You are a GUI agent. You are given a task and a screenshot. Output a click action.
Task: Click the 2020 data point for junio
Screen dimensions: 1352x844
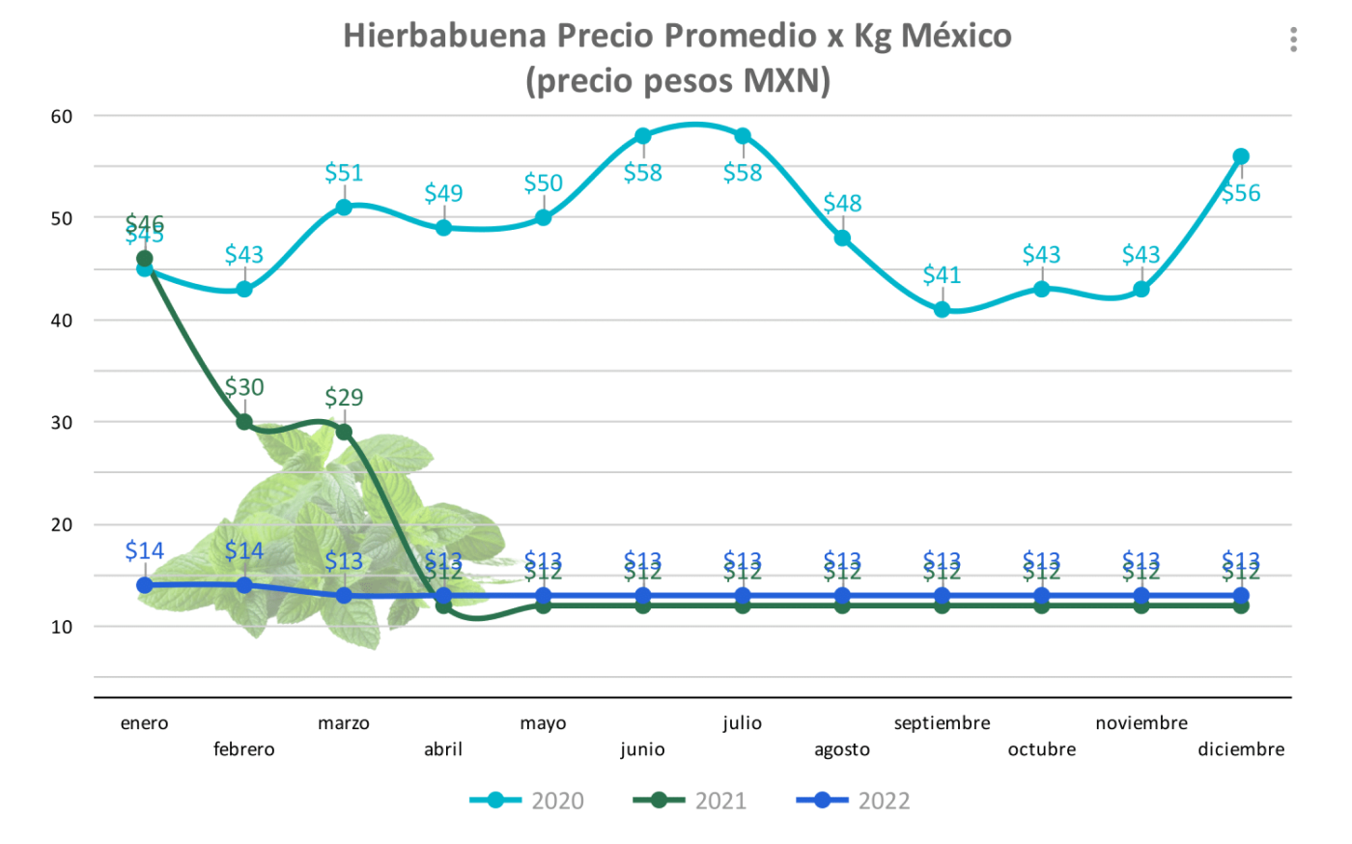coord(643,136)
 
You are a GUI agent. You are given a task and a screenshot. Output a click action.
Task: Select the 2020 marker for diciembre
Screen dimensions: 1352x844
coord(1241,156)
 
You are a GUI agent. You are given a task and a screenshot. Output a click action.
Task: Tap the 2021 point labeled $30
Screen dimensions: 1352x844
coord(244,422)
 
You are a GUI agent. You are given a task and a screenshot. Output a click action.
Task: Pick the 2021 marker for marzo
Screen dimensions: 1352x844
coord(344,432)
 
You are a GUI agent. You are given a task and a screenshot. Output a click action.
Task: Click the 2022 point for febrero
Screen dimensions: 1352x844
coord(244,585)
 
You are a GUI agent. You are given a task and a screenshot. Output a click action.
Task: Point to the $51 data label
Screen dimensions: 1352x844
coord(344,173)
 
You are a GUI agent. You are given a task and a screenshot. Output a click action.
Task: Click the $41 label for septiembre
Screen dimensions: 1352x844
coord(942,275)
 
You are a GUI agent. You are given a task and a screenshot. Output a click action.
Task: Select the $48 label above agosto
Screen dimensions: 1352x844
coord(842,204)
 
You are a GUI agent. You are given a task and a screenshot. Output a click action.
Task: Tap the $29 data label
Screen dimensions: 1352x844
coord(344,397)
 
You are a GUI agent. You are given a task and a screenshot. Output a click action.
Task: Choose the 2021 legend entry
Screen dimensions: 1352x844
coord(690,801)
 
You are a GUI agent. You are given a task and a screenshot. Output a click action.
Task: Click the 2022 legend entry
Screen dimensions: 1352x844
coord(854,801)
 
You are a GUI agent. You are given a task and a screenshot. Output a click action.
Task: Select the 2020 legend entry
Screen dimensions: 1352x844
coord(527,801)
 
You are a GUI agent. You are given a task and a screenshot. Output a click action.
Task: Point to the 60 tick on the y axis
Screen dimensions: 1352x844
coord(62,117)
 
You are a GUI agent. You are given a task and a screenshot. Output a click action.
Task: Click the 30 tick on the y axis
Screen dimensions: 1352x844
coord(62,423)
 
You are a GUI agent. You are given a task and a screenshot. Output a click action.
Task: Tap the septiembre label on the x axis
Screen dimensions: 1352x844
coord(942,723)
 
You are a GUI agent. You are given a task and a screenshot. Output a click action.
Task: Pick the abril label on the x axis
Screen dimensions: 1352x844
coord(443,749)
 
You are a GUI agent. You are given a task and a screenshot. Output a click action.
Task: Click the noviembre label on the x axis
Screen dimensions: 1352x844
coord(1141,723)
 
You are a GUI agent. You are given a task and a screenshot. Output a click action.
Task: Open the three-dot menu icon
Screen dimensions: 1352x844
coord(1293,40)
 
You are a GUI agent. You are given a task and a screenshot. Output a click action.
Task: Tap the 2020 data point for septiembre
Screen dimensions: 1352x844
coord(942,309)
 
